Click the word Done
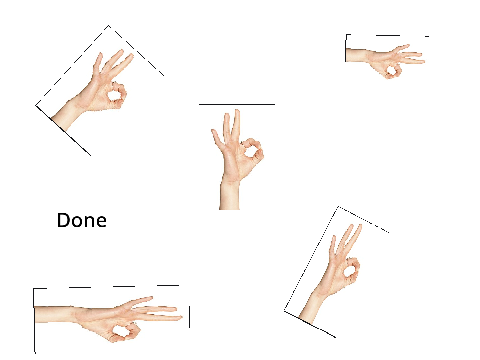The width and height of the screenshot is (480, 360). (x=82, y=220)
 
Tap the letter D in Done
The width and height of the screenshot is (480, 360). (x=63, y=220)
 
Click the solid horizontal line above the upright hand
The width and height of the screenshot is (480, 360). (x=237, y=104)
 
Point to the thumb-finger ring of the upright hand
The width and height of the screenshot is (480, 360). (x=253, y=151)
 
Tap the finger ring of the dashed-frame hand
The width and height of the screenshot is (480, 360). (x=116, y=95)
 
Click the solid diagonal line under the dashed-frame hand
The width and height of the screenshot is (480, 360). (x=63, y=130)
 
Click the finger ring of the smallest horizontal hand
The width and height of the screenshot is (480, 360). (x=392, y=71)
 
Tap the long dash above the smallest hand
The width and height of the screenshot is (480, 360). (x=388, y=35)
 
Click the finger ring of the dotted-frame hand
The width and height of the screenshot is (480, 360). (x=351, y=269)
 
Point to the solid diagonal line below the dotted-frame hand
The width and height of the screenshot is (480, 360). (x=310, y=324)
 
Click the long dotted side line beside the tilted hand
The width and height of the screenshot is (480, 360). (x=311, y=258)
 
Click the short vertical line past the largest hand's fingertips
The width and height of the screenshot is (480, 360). (x=189, y=317)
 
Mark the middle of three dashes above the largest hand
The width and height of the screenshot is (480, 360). (x=124, y=286)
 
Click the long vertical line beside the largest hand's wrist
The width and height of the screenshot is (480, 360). (x=34, y=320)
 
